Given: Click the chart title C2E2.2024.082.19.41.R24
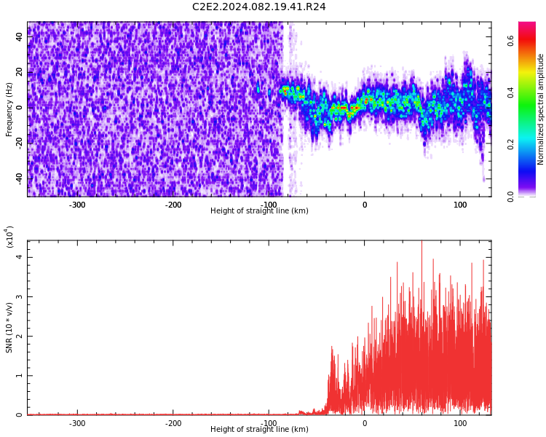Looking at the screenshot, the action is tap(259, 7).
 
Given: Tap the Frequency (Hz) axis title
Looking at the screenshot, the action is tap(9, 109).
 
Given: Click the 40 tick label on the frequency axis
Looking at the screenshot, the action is tap(20, 36).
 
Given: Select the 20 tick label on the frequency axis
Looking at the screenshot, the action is tap(20, 72).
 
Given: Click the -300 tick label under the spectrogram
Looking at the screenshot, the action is tap(77, 205).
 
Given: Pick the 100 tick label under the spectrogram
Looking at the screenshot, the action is tap(460, 205).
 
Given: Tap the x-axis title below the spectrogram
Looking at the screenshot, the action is tap(259, 210).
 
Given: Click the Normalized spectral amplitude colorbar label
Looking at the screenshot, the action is tap(540, 109).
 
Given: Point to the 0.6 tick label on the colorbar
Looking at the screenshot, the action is tap(510, 41).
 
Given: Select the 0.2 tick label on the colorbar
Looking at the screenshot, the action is tap(510, 145).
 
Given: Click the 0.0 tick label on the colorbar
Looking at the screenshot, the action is tap(510, 197).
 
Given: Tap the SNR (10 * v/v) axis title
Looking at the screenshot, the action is tap(9, 327).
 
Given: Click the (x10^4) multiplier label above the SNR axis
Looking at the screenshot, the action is tap(9, 237).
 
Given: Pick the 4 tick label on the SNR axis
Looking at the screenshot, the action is tap(19, 257).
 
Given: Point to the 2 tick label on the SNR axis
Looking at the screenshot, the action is tap(19, 336).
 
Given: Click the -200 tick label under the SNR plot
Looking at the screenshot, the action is tap(173, 424).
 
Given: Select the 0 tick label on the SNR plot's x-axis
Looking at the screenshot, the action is tap(365, 424).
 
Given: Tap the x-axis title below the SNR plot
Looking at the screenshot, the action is tap(259, 429).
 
